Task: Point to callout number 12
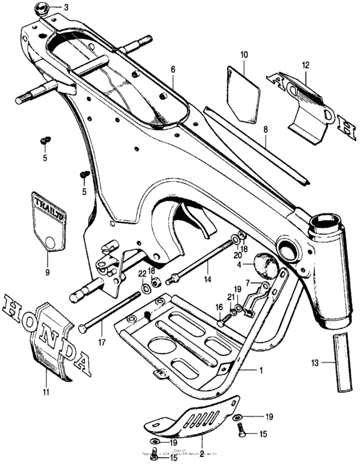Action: click(x=305, y=65)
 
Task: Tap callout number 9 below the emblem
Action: click(x=46, y=263)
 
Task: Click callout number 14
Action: click(x=207, y=280)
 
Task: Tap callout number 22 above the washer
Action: click(x=142, y=274)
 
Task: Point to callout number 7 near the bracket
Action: click(x=265, y=284)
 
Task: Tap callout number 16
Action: click(x=219, y=308)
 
